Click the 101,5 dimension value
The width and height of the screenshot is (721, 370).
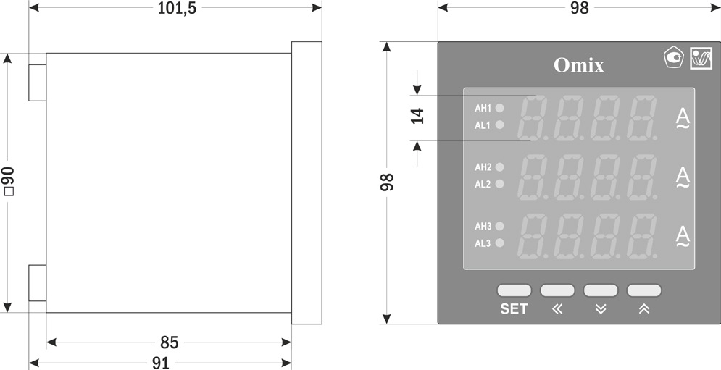coord(177,8)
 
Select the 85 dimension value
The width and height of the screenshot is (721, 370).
coord(170,342)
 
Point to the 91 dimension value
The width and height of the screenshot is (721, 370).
coord(160,363)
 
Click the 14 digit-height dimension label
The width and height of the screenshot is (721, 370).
coord(417,116)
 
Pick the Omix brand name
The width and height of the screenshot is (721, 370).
coord(578,65)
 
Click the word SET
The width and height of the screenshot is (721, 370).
coord(514,309)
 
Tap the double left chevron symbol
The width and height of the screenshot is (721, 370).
coord(557,309)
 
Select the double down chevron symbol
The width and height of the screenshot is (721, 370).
coord(601,309)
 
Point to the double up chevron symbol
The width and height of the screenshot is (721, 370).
coord(644,309)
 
